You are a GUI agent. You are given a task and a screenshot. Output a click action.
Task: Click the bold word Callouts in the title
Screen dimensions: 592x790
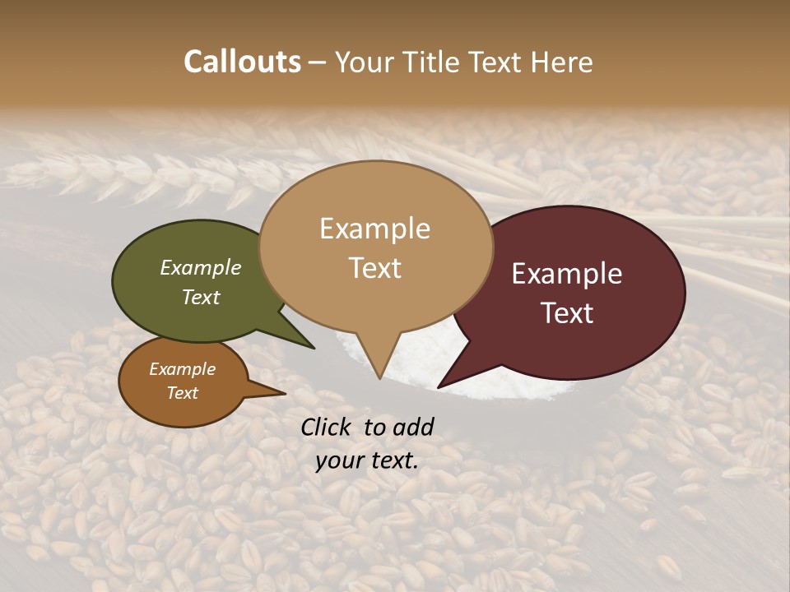pyautogui.click(x=242, y=62)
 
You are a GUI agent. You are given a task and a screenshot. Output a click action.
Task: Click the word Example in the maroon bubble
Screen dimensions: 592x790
pyautogui.click(x=567, y=274)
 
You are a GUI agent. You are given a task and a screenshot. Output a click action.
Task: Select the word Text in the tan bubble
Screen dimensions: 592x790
pyautogui.click(x=375, y=268)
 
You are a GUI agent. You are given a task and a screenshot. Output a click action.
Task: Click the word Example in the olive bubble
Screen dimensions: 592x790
pyautogui.click(x=201, y=267)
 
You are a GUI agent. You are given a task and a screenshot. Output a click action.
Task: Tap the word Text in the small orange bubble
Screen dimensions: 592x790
pyautogui.click(x=183, y=393)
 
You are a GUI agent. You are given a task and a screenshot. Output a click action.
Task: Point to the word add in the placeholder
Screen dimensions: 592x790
pyautogui.click(x=413, y=427)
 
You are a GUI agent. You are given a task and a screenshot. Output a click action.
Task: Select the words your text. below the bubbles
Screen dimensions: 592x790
pyautogui.click(x=367, y=460)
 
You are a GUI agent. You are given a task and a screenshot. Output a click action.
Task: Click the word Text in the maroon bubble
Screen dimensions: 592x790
pyautogui.click(x=568, y=313)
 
